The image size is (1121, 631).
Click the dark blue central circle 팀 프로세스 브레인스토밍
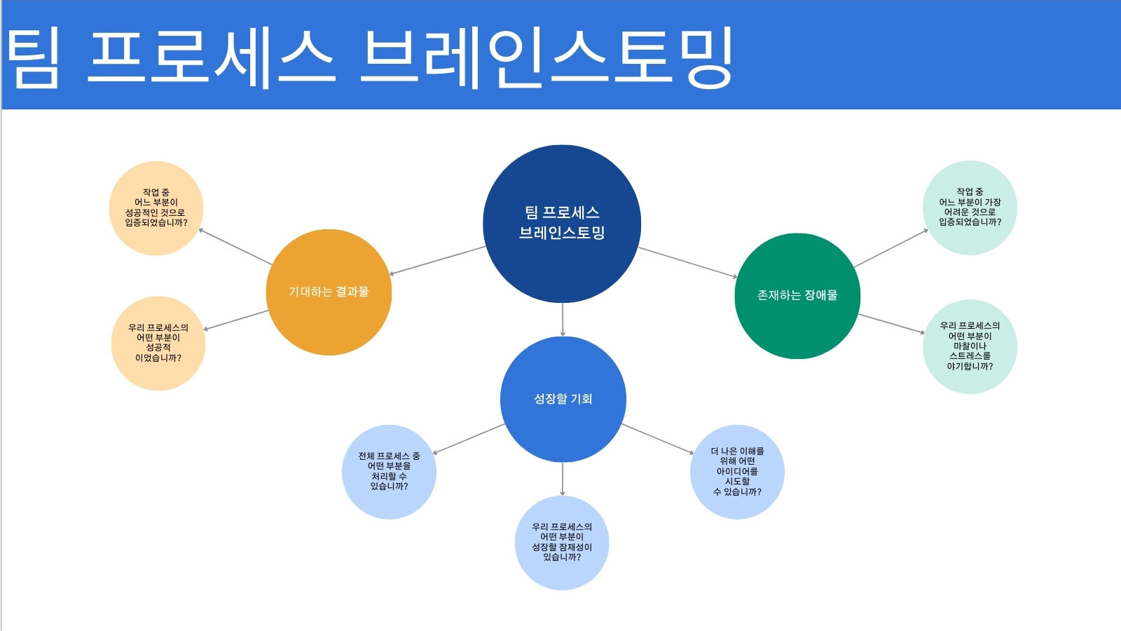point(561,224)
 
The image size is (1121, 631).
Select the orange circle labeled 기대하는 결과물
point(329,292)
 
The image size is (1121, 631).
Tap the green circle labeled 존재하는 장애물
point(797,296)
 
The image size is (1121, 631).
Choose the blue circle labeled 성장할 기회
point(563,399)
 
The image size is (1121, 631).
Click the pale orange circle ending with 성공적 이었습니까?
point(158,343)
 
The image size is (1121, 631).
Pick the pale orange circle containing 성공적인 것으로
point(156,208)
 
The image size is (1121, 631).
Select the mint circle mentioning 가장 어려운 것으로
point(970,208)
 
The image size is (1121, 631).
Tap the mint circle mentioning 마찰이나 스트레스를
point(970,346)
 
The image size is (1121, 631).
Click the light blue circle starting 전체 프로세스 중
point(389,472)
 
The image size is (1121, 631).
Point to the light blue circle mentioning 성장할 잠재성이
point(562,543)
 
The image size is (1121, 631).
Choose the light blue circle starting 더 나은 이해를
point(737,472)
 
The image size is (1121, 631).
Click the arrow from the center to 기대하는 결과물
point(437,260)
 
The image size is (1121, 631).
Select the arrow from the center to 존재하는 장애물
point(687,262)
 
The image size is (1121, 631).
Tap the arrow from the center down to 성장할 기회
point(563,320)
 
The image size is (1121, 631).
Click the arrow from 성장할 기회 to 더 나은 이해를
point(658,439)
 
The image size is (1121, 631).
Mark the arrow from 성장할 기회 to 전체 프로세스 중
point(469,439)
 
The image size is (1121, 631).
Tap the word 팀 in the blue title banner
point(32,57)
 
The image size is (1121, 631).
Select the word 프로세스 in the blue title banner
point(211,57)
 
